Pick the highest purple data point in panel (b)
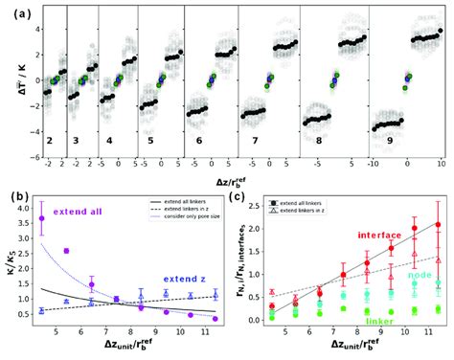click(41, 219)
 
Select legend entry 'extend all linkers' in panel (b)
click(181, 198)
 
